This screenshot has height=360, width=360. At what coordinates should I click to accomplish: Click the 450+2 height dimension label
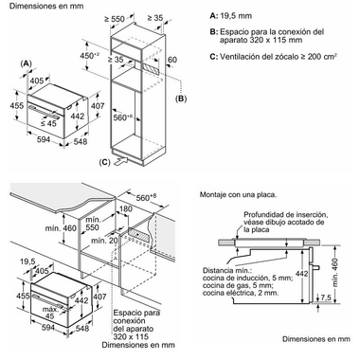[89, 55]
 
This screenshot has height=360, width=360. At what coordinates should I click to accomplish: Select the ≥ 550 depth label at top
[115, 19]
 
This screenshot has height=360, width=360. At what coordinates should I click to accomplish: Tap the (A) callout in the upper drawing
[27, 63]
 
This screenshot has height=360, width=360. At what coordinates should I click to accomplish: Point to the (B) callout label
[181, 99]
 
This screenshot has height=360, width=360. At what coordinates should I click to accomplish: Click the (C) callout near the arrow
[104, 162]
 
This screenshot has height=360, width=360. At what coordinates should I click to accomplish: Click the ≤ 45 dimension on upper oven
[48, 123]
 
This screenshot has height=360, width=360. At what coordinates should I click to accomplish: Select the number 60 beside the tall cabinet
[172, 60]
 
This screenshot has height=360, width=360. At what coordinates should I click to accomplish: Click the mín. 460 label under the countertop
[61, 227]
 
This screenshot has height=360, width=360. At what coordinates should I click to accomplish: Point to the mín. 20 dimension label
[104, 241]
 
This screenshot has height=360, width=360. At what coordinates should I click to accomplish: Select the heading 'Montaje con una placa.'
[239, 195]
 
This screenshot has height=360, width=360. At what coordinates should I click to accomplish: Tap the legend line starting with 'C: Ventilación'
[273, 57]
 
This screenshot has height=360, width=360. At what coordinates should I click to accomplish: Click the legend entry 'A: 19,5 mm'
[231, 16]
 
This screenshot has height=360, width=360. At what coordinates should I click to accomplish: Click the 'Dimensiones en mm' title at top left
[46, 6]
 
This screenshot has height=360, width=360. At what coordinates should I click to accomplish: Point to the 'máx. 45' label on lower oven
[50, 313]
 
